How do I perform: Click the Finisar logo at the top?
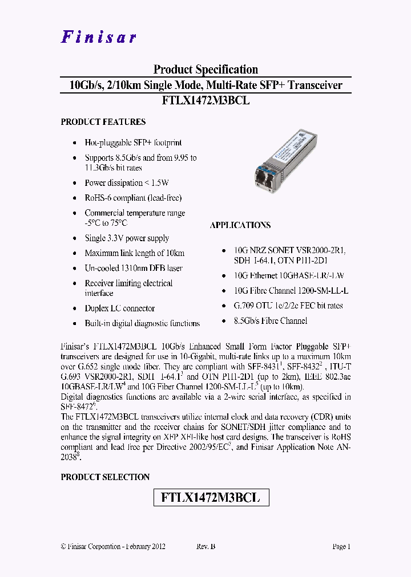(99, 37)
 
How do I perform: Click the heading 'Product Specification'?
(205, 70)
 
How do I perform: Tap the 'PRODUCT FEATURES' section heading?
(103, 122)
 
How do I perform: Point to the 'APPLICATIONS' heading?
(240, 225)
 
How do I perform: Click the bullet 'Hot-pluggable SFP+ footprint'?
(133, 143)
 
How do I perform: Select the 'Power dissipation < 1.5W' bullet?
(127, 183)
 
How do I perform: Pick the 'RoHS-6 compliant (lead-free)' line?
(133, 198)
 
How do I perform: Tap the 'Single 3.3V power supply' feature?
(127, 238)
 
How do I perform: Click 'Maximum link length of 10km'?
(135, 253)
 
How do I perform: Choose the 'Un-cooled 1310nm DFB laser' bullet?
(134, 268)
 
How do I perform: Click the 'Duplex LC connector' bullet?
(120, 308)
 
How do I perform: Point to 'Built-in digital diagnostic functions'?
(142, 323)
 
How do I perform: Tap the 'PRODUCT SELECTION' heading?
(105, 477)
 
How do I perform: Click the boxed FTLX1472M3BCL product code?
(211, 497)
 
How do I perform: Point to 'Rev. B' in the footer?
(206, 546)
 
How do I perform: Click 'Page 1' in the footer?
(341, 546)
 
